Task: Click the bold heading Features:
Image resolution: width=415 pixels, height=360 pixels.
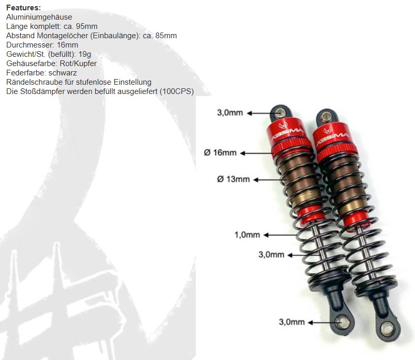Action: click(24, 8)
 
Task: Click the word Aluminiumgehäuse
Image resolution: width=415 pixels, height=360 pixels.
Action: click(39, 17)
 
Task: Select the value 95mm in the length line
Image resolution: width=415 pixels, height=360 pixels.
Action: click(86, 26)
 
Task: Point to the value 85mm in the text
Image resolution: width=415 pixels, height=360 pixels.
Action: click(166, 36)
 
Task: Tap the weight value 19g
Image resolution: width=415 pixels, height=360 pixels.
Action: click(85, 54)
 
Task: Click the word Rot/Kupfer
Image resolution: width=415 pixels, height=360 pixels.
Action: click(78, 64)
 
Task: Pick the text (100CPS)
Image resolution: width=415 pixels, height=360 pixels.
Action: click(177, 91)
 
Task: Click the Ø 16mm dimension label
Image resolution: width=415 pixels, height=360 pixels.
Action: click(220, 152)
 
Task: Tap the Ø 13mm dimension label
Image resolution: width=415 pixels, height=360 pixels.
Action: click(234, 179)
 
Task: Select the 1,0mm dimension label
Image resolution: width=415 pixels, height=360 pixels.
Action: click(247, 234)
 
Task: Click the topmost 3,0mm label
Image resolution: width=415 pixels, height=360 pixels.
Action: click(230, 113)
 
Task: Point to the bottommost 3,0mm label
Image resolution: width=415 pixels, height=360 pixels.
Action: click(291, 322)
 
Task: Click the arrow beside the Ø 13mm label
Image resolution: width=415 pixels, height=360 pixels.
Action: click(270, 180)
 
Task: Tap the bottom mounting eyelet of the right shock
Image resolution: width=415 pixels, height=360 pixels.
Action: click(388, 328)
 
